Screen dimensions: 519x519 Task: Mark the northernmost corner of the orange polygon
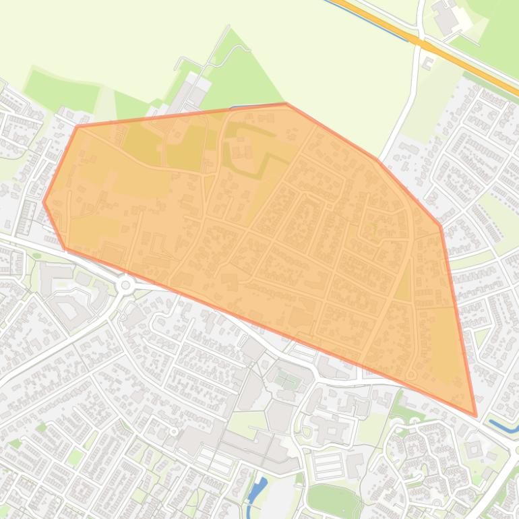[286, 104]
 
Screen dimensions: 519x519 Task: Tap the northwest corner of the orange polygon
[78, 126]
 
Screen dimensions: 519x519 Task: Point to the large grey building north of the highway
[446, 17]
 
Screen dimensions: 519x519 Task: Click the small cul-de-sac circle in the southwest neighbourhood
[174, 431]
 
